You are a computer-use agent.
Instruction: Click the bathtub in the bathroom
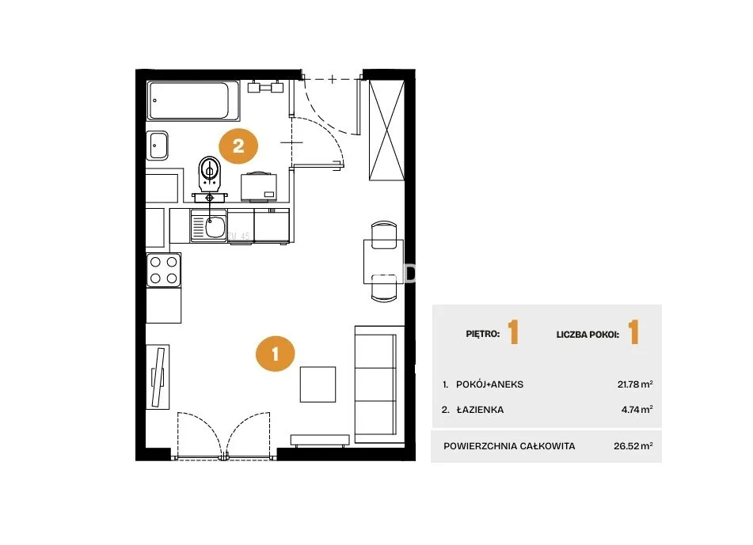pyautogui.click(x=193, y=100)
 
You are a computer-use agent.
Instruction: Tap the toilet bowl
pyautogui.click(x=209, y=172)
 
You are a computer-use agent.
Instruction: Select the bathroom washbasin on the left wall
pyautogui.click(x=158, y=146)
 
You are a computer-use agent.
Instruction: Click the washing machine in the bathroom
pyautogui.click(x=259, y=187)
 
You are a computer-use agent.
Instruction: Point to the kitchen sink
pyautogui.click(x=208, y=226)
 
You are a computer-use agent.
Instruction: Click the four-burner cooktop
pyautogui.click(x=164, y=270)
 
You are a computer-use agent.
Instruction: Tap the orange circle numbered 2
pyautogui.click(x=238, y=146)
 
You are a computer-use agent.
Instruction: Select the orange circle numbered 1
pyautogui.click(x=276, y=354)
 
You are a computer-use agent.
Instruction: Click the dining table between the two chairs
pyautogui.click(x=383, y=262)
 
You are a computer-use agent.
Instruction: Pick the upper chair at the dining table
pyautogui.click(x=384, y=234)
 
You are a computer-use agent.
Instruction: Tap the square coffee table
pyautogui.click(x=318, y=384)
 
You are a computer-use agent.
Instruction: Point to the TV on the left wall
pyautogui.click(x=158, y=377)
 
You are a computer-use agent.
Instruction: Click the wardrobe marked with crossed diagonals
pyautogui.click(x=386, y=131)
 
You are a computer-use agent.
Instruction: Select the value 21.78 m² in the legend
pyautogui.click(x=635, y=384)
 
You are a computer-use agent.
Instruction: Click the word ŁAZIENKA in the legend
pyautogui.click(x=480, y=410)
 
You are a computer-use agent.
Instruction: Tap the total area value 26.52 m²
pyautogui.click(x=633, y=445)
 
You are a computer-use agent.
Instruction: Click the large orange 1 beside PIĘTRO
pyautogui.click(x=513, y=332)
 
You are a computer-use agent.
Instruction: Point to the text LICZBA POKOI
pyautogui.click(x=588, y=335)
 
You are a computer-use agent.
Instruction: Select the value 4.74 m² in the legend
pyautogui.click(x=637, y=410)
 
